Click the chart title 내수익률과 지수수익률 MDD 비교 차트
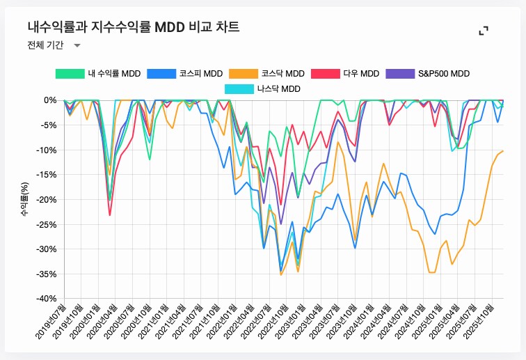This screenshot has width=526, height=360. pos(134,27)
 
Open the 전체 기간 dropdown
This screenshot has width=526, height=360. pos(54,45)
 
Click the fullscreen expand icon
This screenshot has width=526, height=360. pos(484,31)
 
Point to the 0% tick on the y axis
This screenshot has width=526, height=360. pos(50,100)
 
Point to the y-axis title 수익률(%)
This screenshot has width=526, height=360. pos(25,199)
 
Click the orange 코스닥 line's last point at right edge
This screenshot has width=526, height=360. pos(503,150)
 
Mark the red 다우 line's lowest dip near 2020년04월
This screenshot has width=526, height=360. pos(110,215)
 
